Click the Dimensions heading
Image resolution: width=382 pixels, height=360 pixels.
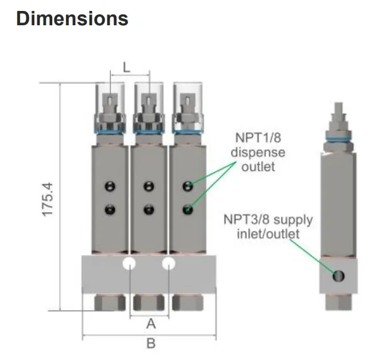click(72, 18)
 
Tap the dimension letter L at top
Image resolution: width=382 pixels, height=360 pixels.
click(127, 68)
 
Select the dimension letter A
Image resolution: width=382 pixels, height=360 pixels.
click(151, 324)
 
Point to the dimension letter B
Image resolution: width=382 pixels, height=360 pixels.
click(151, 344)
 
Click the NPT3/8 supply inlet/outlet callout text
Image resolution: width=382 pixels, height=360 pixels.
click(268, 227)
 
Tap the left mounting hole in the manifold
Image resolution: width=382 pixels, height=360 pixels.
click(130, 264)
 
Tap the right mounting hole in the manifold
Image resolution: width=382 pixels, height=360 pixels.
click(169, 264)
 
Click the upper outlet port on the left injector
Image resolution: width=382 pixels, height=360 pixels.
click(110, 185)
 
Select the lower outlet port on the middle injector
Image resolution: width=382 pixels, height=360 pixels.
click(149, 210)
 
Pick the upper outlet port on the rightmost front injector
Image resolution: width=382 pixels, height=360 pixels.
click(187, 185)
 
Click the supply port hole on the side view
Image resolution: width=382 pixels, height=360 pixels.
click(339, 277)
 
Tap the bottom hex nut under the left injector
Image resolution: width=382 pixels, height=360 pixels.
click(110, 303)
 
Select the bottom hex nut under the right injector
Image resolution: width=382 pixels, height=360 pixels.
click(187, 303)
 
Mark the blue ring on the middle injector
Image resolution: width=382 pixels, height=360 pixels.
click(149, 133)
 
